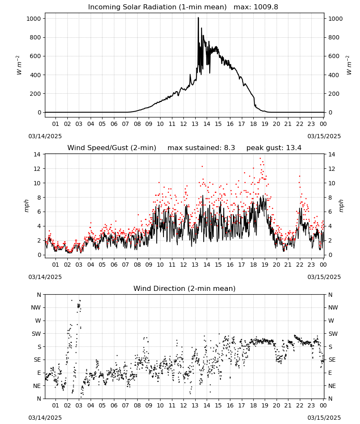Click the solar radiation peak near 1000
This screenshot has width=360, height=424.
coord(198,18)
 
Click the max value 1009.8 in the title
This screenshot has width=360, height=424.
coord(266,7)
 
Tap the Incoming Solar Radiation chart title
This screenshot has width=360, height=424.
coord(157,7)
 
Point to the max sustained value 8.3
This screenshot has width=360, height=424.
coord(230,148)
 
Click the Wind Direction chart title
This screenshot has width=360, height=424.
coord(185,288)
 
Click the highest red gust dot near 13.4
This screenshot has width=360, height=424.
coord(260,159)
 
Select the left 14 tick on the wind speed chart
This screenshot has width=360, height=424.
coord(37,154)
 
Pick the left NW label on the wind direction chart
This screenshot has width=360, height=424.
coord(36,307)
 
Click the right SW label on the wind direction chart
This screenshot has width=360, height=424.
coord(333,334)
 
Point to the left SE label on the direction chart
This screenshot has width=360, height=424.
coord(37,360)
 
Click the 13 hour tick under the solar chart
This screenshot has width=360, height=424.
coord(195,124)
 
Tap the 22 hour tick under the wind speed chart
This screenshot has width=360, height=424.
coord(299,265)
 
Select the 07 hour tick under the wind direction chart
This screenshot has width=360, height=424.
coord(125,405)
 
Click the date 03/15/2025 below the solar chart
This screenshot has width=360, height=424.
coord(324,136)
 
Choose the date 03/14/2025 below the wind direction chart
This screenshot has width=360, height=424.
coord(45,418)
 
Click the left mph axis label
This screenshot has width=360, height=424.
coord(26,206)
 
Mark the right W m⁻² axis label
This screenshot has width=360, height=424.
coord(349,65)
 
